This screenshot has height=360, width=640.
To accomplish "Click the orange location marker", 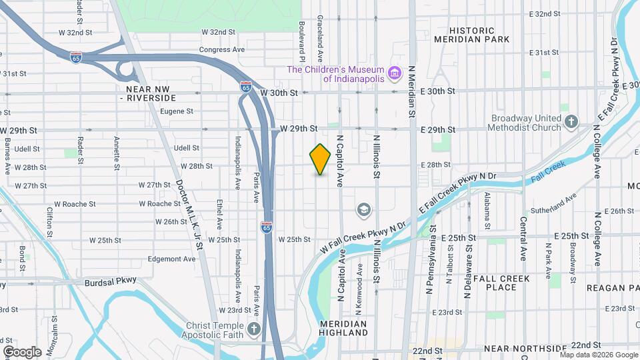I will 320,159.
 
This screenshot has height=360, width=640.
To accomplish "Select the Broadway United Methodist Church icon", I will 571,121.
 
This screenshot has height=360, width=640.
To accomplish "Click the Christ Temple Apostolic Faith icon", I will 253,329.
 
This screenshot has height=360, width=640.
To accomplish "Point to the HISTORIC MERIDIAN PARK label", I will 472,35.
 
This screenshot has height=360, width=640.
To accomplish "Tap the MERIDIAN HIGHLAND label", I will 343,327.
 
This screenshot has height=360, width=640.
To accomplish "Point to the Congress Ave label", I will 222,49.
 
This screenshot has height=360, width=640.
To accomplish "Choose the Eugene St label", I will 177,111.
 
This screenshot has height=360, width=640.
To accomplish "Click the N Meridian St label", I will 412,93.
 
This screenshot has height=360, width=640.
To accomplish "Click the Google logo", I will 23,351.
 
